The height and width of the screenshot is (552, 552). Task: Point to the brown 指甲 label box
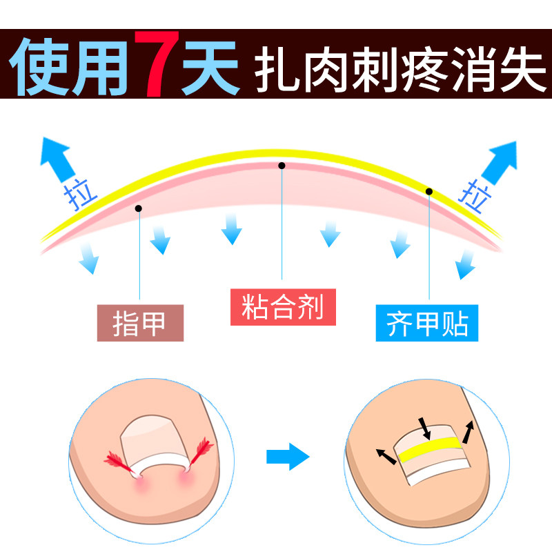tap(140, 323)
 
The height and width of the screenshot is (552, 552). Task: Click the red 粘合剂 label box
tap(282, 306)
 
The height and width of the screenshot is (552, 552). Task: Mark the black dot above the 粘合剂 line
tap(282, 166)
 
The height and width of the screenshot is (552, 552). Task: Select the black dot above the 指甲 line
tap(139, 208)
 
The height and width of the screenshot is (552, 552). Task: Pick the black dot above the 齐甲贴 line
tap(428, 191)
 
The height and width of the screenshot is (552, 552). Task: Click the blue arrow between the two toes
tap(288, 456)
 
